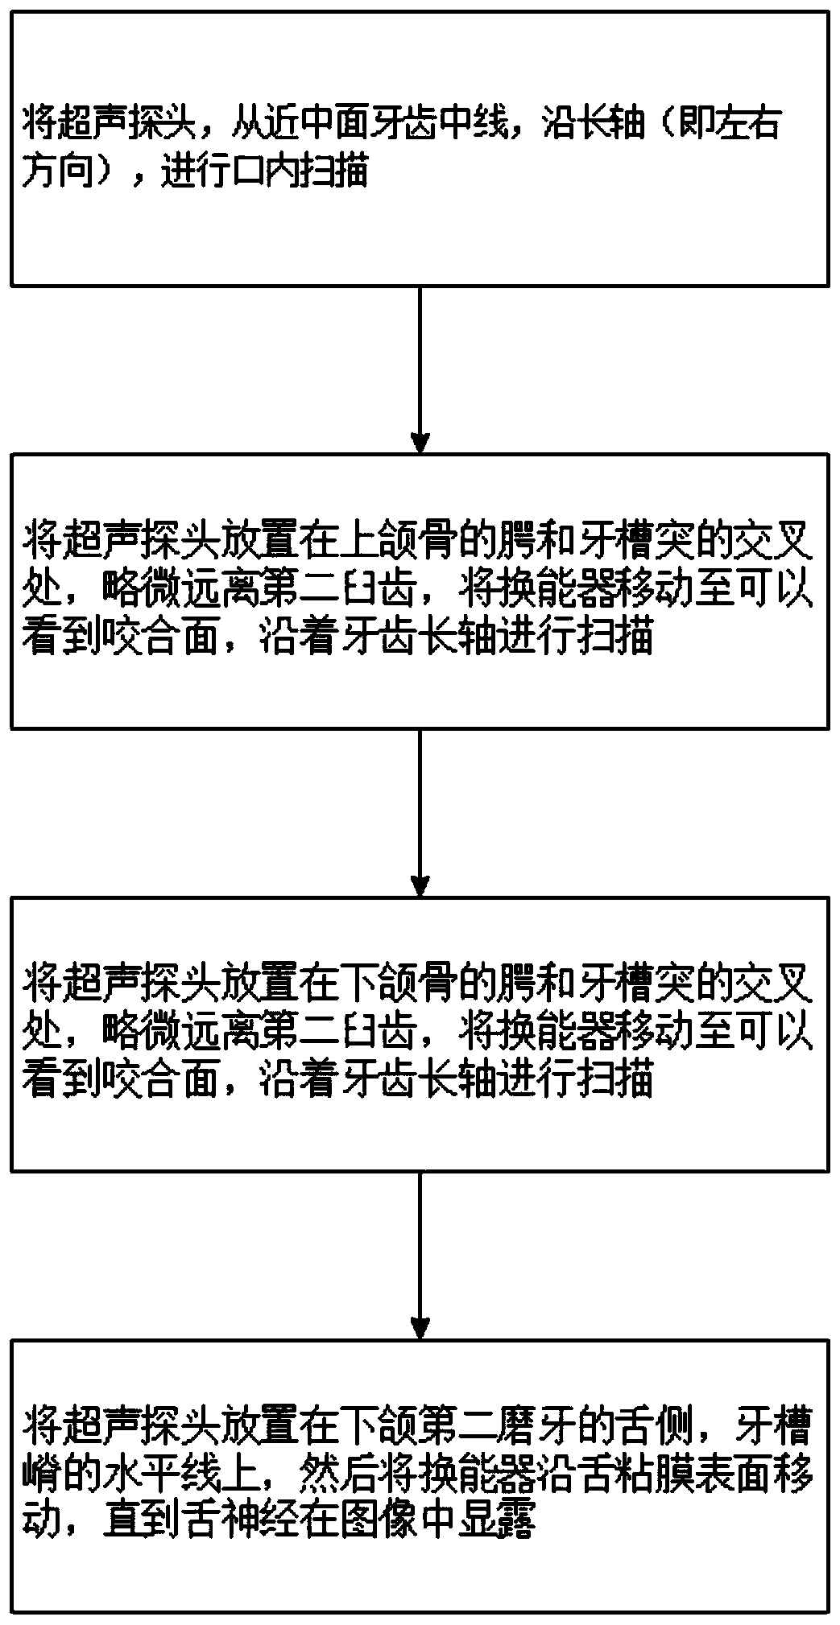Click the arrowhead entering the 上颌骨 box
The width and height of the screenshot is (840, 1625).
pyautogui.click(x=420, y=442)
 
